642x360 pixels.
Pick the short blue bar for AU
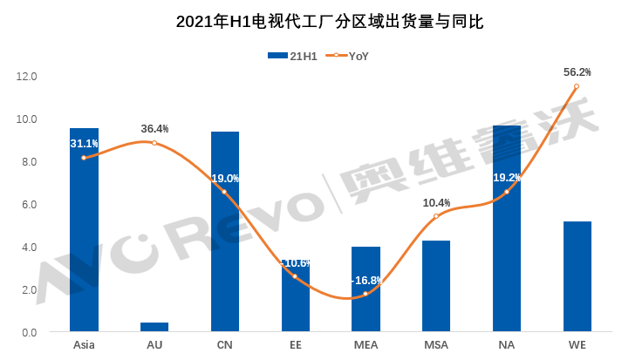(x=154, y=327)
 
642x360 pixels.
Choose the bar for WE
(x=577, y=276)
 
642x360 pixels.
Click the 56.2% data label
(x=577, y=72)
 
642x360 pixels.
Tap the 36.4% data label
(x=154, y=129)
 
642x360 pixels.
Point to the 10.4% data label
(x=436, y=203)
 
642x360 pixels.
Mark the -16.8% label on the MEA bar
(x=366, y=281)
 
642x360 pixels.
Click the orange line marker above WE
(x=577, y=86)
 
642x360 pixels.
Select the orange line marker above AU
(x=154, y=142)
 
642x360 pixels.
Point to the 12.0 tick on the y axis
(x=27, y=77)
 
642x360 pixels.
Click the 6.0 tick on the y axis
(x=30, y=205)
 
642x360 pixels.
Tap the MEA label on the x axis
(x=365, y=346)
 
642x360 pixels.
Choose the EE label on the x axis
(x=295, y=346)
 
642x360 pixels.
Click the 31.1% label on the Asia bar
(x=85, y=144)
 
